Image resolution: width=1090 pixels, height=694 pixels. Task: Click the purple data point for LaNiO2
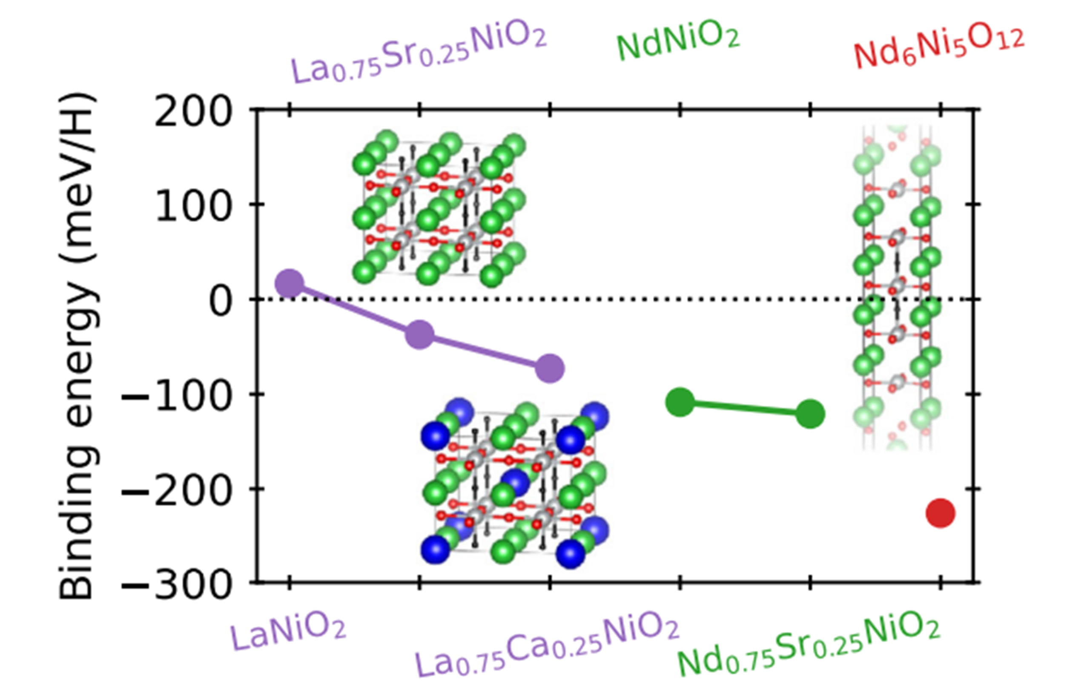[x=289, y=283]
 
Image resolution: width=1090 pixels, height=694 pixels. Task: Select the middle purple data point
[x=420, y=335]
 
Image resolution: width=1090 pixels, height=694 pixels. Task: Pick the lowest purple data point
[x=550, y=368]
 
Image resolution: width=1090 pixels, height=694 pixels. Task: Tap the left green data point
[x=680, y=402]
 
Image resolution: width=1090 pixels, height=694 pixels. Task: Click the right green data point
[x=810, y=414]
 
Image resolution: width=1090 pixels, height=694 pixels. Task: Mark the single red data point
[x=940, y=513]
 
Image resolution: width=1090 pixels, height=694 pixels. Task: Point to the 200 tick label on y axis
[x=193, y=112]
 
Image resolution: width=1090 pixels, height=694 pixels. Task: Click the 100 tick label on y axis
[x=193, y=207]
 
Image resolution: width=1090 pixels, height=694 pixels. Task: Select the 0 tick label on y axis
[x=221, y=301]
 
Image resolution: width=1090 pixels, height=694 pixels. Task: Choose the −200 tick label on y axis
[x=178, y=491]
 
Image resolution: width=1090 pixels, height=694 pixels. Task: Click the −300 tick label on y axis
[x=178, y=586]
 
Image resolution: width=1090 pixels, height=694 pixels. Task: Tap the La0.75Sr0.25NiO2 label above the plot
[x=419, y=55]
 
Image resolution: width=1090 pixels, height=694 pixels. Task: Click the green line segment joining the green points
[x=745, y=408]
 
